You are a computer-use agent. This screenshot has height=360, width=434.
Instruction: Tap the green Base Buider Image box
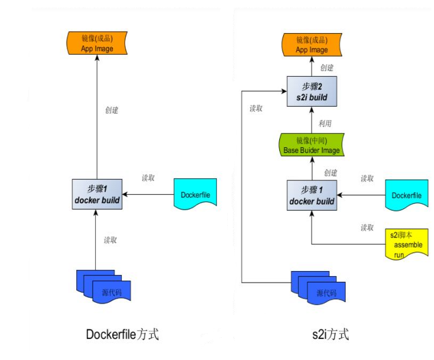312,145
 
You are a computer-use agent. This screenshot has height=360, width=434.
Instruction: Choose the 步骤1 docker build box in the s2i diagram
312,195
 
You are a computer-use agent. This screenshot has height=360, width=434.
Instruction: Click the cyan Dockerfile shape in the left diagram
194,195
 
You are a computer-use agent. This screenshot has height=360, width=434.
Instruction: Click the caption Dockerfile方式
122,335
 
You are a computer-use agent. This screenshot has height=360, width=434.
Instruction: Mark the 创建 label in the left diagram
112,110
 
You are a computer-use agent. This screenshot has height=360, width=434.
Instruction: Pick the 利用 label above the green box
325,123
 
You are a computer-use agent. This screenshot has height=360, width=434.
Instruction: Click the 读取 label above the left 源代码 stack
111,240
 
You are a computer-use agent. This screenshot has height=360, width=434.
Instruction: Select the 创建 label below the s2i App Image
327,68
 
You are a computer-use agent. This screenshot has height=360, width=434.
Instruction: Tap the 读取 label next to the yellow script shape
367,227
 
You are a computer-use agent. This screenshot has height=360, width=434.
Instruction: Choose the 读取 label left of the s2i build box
256,109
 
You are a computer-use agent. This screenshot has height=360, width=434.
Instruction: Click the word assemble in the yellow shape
407,244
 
